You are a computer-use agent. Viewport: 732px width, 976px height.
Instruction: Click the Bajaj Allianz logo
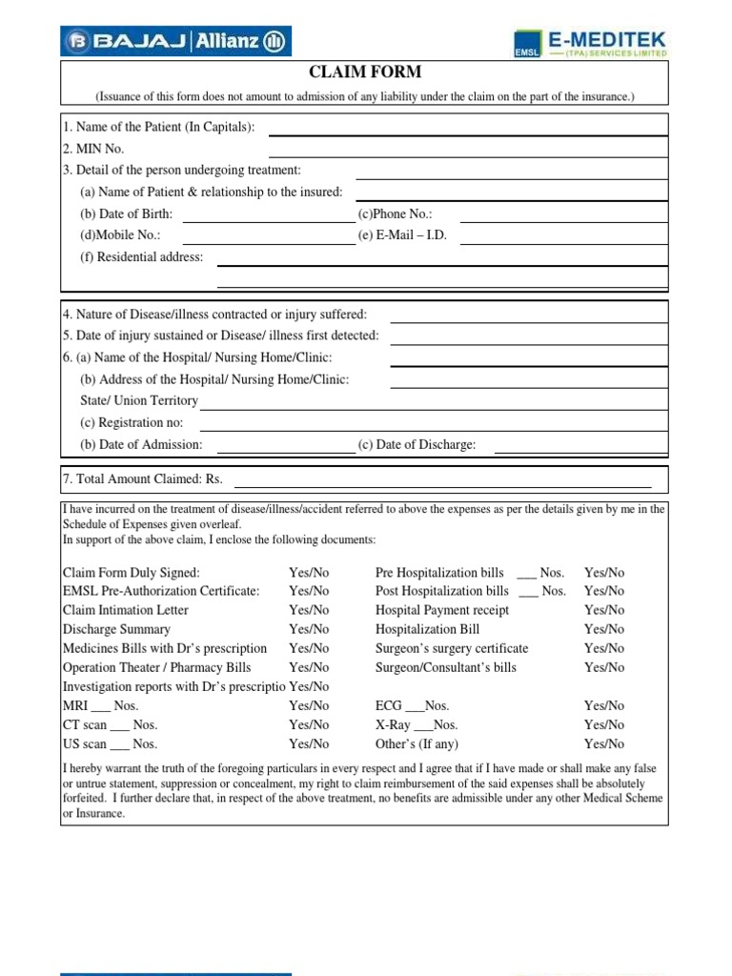[177, 41]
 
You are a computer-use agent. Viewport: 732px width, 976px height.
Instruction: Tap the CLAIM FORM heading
[365, 72]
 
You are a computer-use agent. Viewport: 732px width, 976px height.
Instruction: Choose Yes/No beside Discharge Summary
[309, 629]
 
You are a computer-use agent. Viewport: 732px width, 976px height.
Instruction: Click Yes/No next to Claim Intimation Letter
[309, 610]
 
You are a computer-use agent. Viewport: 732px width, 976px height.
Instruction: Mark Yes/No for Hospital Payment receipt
[604, 610]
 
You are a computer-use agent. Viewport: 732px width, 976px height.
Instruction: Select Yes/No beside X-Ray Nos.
[604, 725]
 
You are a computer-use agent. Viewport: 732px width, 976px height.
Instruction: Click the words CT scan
[85, 725]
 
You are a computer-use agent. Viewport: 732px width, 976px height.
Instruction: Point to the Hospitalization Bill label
[427, 629]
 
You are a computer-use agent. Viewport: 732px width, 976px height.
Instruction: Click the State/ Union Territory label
[139, 401]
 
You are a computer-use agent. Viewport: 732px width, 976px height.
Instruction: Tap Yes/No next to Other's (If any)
[604, 744]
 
